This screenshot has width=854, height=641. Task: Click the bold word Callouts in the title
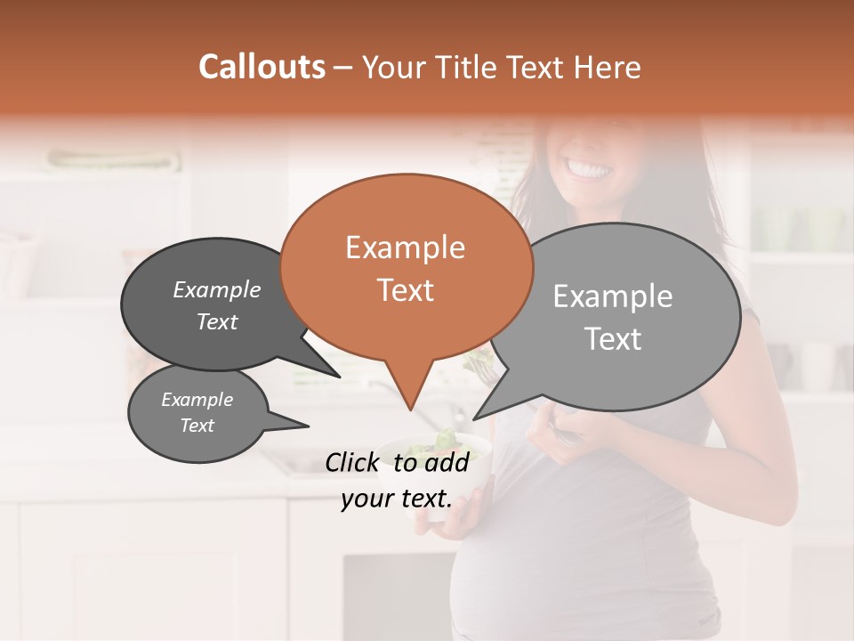(x=262, y=67)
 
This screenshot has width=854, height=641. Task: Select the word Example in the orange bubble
(x=405, y=247)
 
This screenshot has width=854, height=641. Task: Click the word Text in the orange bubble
(x=405, y=290)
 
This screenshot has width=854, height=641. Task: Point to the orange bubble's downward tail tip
(x=410, y=410)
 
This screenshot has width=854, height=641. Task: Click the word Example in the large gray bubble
(x=613, y=296)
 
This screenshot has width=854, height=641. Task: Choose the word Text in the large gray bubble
(x=613, y=339)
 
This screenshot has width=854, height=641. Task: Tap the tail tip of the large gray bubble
(x=474, y=418)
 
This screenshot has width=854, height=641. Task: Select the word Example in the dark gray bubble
(x=217, y=289)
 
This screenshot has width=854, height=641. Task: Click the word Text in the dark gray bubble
(x=217, y=321)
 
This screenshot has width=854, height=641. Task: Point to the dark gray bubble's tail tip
(x=339, y=377)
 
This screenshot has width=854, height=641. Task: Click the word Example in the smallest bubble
(x=197, y=400)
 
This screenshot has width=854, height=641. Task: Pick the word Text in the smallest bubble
(x=197, y=426)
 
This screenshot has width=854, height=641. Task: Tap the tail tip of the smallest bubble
(x=309, y=426)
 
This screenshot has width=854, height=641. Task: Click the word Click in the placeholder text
(x=354, y=462)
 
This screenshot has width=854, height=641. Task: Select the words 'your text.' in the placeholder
(x=396, y=499)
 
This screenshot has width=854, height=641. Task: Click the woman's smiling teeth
(x=589, y=168)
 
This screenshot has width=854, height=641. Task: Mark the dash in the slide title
(x=344, y=68)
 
